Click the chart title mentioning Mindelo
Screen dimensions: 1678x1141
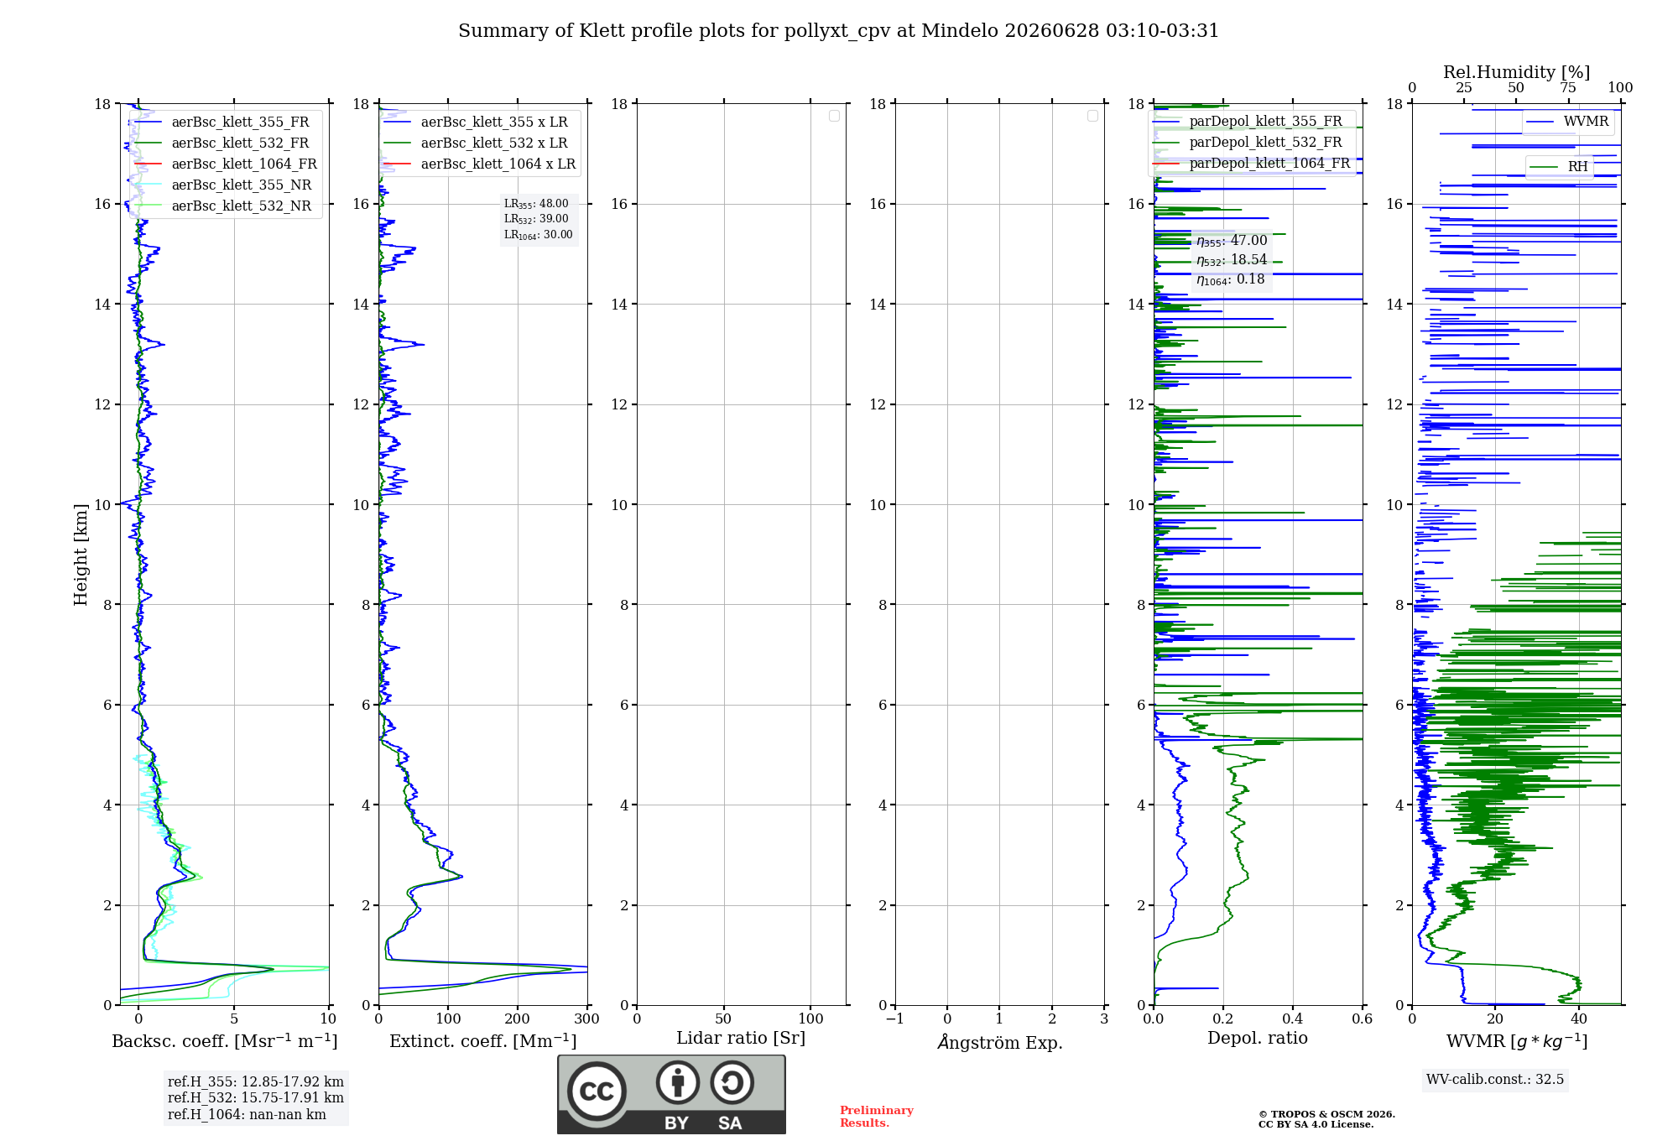[838, 31]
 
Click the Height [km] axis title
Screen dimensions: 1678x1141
[81, 554]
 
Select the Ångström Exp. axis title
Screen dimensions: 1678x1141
[999, 1042]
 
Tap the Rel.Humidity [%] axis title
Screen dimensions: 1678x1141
[1516, 72]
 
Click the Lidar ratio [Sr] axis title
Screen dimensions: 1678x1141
[741, 1038]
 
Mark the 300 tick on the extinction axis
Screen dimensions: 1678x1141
[587, 1019]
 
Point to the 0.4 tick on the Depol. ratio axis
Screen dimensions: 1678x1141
[1293, 1019]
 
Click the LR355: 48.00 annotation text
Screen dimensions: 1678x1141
[536, 204]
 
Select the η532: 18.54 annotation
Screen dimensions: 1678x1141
[1232, 260]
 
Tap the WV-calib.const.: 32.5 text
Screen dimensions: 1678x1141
[1495, 1079]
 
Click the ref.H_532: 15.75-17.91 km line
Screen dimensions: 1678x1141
[256, 1097]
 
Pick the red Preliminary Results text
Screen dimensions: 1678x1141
[877, 1117]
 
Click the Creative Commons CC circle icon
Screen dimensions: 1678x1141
[597, 1092]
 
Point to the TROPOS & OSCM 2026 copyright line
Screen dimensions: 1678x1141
[1326, 1114]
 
